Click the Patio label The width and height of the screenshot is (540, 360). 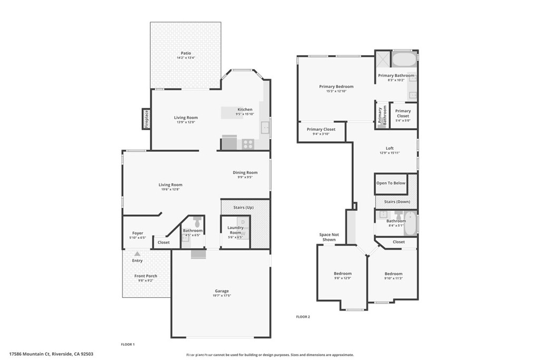tap(186, 53)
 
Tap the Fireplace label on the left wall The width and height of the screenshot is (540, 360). tap(147, 119)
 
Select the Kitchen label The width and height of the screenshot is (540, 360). tap(245, 110)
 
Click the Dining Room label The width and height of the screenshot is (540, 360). tap(245, 172)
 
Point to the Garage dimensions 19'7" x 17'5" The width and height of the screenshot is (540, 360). tap(221, 296)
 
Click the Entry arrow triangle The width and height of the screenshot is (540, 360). tap(137, 254)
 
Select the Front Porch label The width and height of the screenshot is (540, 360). tap(146, 276)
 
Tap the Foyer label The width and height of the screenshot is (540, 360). tap(138, 233)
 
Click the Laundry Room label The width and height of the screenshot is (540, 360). tap(235, 230)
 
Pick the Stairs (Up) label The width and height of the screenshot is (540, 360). tap(244, 208)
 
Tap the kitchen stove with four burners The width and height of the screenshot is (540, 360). tap(248, 143)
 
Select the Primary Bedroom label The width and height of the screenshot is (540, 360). tap(336, 86)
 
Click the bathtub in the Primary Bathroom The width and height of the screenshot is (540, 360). tap(404, 59)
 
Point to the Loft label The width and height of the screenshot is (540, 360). tap(390, 149)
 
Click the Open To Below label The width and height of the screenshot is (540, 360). tap(391, 183)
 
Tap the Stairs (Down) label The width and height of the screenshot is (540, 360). tap(397, 202)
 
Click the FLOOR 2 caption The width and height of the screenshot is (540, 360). tap(303, 317)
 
